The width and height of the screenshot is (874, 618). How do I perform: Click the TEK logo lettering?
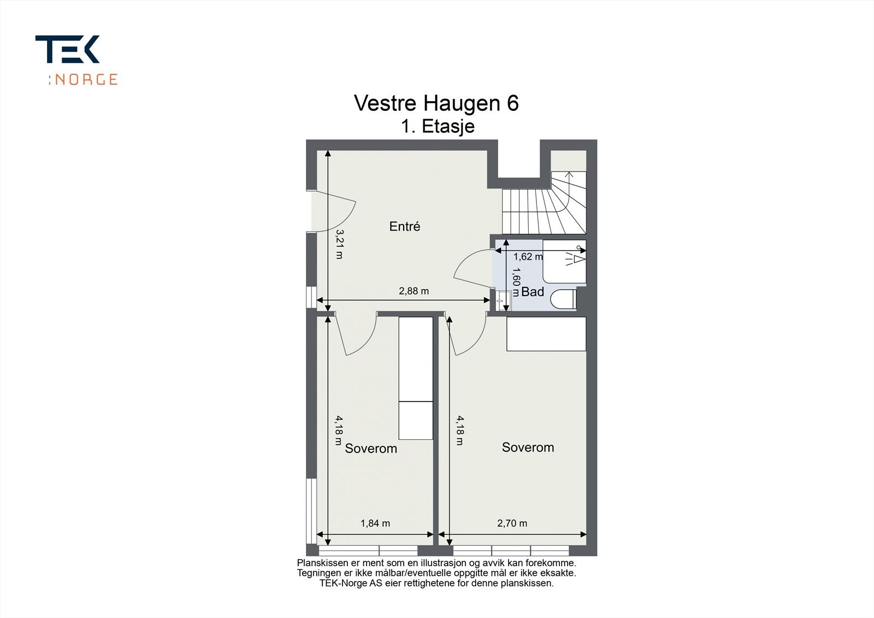[x=67, y=49]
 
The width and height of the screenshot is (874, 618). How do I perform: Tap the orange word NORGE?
[x=86, y=80]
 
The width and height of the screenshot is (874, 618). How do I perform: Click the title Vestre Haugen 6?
[x=436, y=103]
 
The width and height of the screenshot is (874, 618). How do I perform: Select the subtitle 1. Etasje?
[x=438, y=127]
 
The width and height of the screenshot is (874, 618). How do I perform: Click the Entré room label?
[x=405, y=226]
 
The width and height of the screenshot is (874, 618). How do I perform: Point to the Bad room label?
[x=533, y=292]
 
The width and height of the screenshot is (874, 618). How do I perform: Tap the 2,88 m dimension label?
[x=414, y=291]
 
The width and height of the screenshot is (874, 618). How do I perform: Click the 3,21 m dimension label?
[x=340, y=244]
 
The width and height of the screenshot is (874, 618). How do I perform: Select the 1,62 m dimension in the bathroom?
[x=528, y=256]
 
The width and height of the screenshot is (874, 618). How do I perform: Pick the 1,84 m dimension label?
[x=375, y=523]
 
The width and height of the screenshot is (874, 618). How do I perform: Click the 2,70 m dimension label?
[x=512, y=523]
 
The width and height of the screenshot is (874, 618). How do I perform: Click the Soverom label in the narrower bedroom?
[x=371, y=449]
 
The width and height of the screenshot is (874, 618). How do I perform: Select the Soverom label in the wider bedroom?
[x=528, y=448]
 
